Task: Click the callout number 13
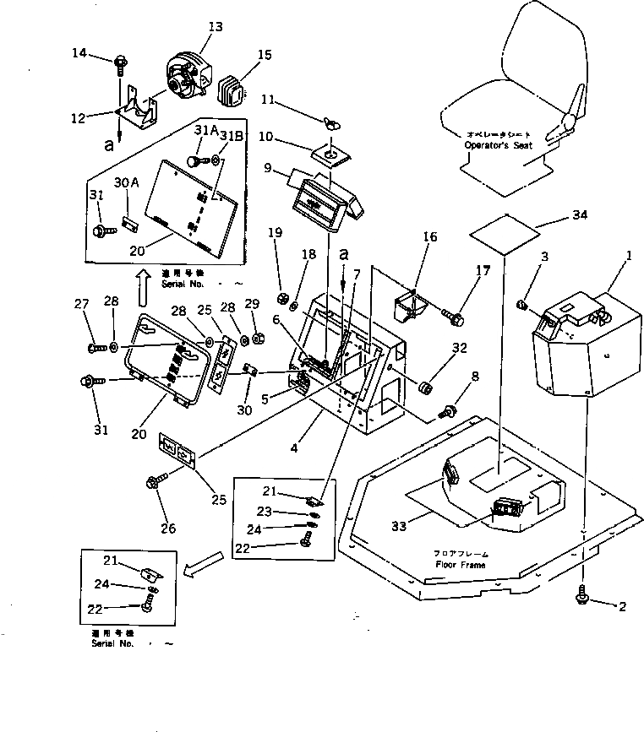215,27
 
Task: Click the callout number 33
398,526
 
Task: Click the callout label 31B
232,137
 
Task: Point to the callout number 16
430,237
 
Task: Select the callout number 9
268,168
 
